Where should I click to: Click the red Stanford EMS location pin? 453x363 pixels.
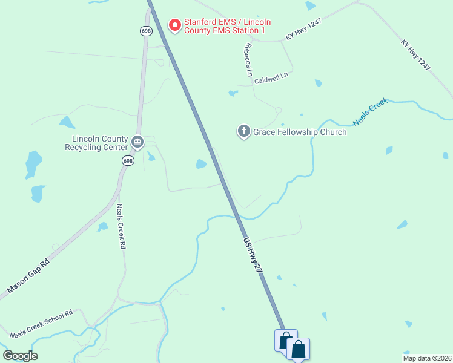tap(175, 25)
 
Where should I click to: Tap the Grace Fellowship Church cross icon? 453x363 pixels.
tap(244, 131)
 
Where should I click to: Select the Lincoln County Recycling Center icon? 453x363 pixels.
tap(137, 142)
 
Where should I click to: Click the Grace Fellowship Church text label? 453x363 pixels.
tap(300, 132)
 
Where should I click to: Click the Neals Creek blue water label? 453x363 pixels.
tap(369, 111)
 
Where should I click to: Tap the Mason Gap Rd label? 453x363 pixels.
tap(28, 278)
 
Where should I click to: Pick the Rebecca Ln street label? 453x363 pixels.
tap(248, 59)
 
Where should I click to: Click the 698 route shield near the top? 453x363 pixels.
tap(145, 30)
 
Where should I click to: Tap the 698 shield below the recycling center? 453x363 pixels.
tap(127, 160)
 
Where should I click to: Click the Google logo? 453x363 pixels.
tap(21, 356)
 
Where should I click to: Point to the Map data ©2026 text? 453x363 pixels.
tap(426, 358)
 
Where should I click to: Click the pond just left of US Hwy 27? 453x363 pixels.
tap(201, 164)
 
